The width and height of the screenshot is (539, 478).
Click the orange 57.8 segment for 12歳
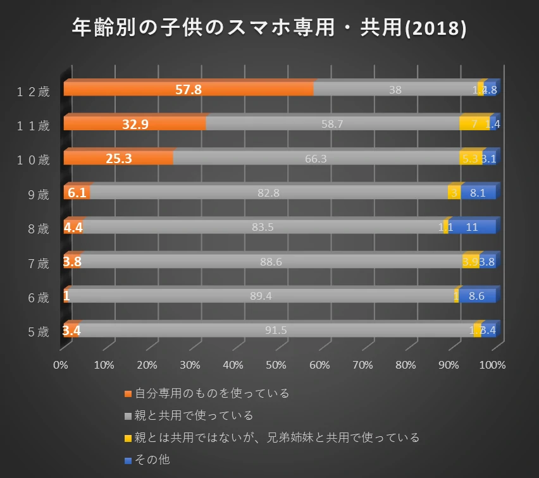[x=189, y=89]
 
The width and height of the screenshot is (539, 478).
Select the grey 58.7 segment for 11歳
[x=332, y=124]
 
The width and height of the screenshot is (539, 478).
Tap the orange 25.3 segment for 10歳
[x=118, y=158]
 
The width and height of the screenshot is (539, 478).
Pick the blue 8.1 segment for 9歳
[x=478, y=193]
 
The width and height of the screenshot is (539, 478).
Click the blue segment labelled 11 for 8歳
[x=471, y=227]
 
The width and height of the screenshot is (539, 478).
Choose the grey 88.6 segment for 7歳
[x=271, y=261]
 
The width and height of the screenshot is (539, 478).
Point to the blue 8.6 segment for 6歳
[x=477, y=295]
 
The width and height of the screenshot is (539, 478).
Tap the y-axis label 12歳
[x=34, y=92]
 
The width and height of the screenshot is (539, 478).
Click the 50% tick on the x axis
[x=276, y=365]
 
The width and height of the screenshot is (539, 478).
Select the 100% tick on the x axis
[x=493, y=365]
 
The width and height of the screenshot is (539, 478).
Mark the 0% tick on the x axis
[x=61, y=365]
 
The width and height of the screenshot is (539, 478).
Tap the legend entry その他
[x=152, y=460]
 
